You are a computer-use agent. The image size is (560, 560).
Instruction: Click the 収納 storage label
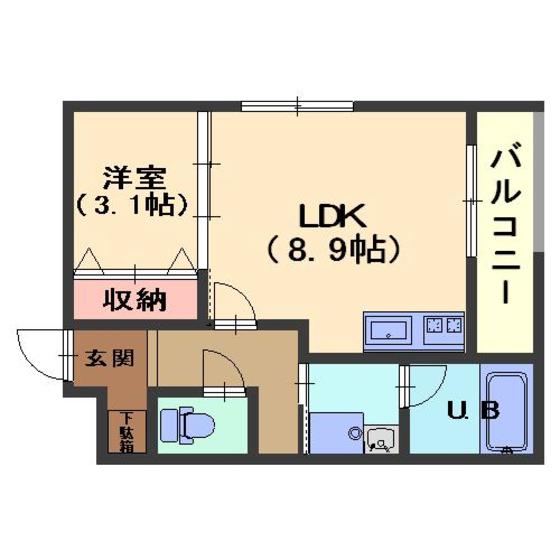point(135,299)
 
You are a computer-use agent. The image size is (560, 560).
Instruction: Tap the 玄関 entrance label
point(110,358)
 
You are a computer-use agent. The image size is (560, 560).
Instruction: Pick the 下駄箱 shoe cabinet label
point(127,431)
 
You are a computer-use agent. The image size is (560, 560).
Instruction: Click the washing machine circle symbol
point(353,432)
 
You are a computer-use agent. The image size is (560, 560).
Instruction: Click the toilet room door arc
point(222,370)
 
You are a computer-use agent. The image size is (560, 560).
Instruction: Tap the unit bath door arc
point(425,382)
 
